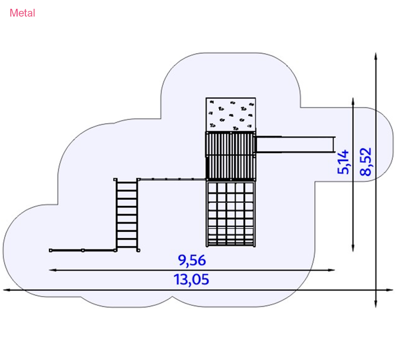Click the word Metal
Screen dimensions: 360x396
[x=22, y=13]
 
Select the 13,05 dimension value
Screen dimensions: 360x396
[x=192, y=280]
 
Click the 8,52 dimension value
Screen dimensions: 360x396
[x=366, y=161]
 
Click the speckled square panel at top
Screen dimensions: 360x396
[x=231, y=114]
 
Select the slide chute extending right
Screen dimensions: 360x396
[x=295, y=144]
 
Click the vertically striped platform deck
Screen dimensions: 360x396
[x=231, y=155]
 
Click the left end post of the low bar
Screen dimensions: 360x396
[x=50, y=250]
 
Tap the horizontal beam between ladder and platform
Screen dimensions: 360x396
[x=172, y=179]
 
